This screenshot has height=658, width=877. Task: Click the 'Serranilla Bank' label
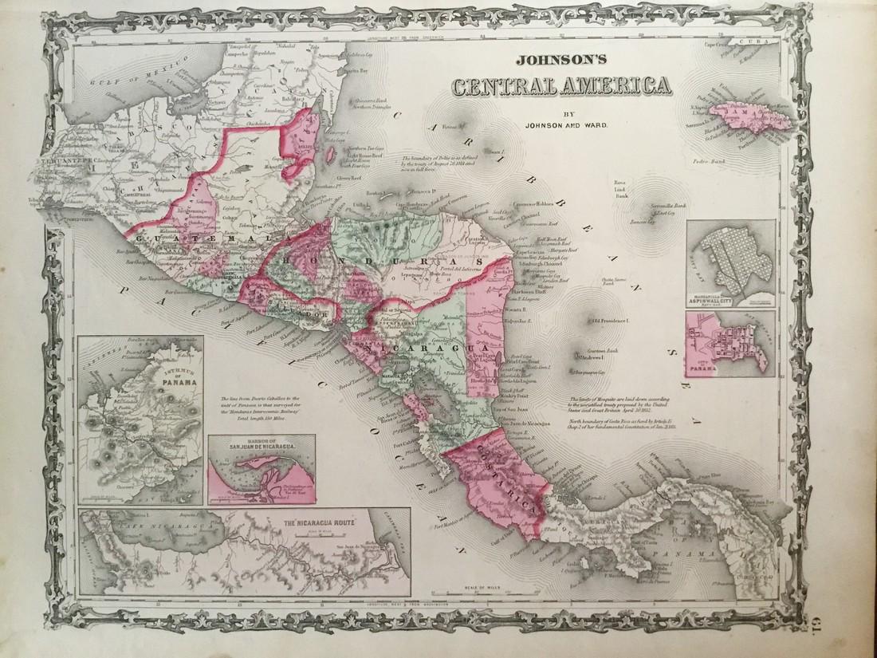tap(669, 206)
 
